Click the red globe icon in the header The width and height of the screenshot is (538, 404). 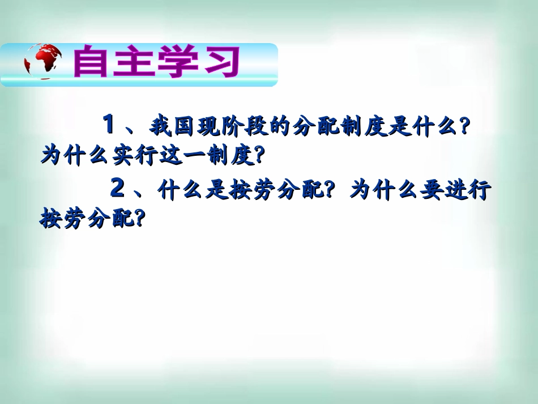coord(43,63)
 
